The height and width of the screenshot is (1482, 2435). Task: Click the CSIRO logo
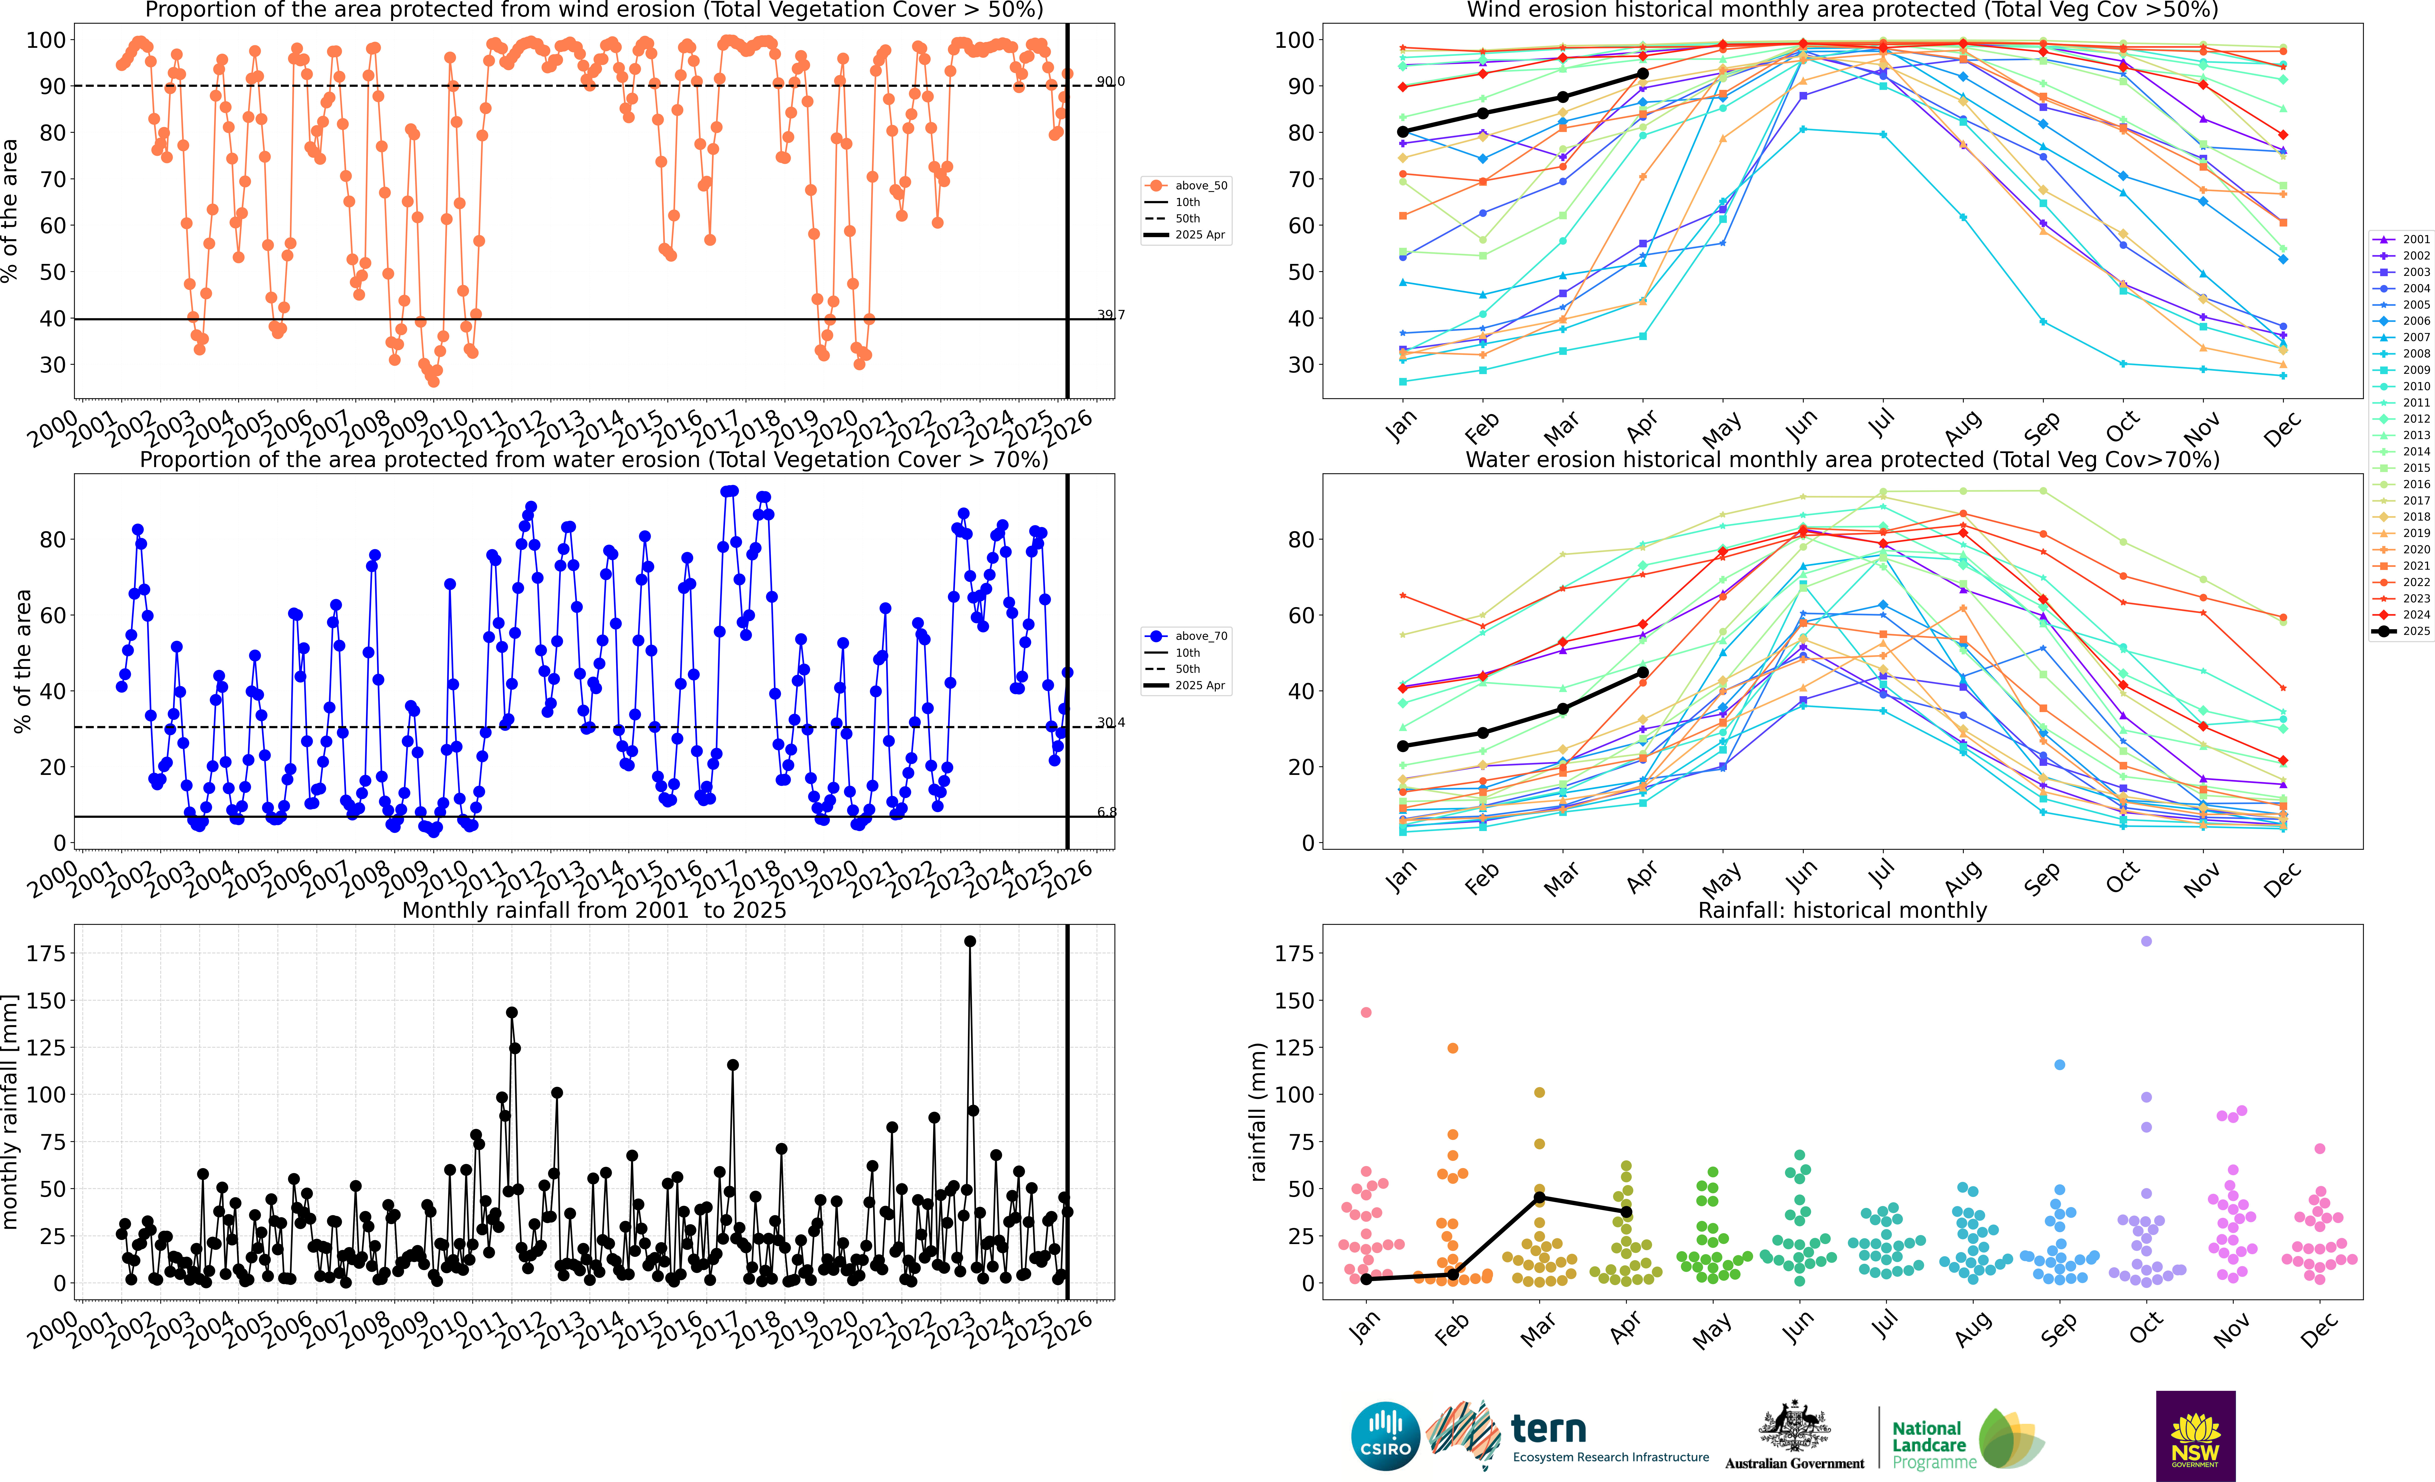click(1385, 1436)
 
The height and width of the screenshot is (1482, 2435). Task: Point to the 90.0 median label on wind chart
click(1110, 81)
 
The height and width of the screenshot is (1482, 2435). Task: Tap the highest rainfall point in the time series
click(970, 942)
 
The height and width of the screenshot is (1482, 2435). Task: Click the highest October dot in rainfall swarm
click(2145, 942)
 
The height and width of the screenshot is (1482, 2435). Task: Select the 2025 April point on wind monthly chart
click(1642, 74)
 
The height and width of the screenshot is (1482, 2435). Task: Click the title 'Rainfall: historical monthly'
click(1842, 910)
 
